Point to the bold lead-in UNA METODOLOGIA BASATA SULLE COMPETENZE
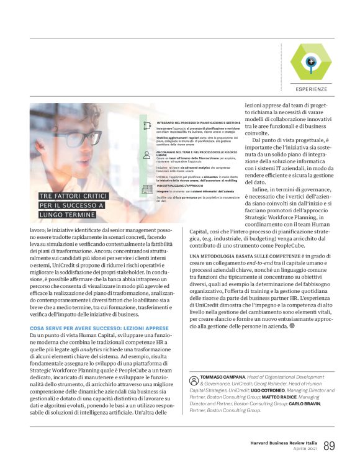coord(250,272)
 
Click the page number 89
coord(330,446)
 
